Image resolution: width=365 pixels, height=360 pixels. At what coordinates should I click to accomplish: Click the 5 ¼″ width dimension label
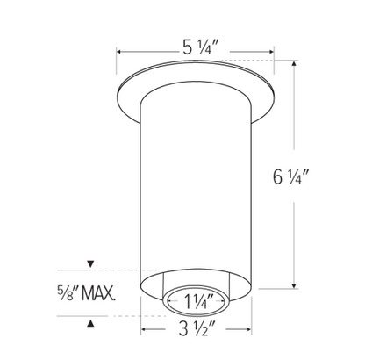click(x=201, y=47)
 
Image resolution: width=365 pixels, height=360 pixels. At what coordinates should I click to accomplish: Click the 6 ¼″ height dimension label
click(x=291, y=176)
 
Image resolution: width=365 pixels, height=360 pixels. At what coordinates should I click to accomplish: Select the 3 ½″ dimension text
click(x=197, y=329)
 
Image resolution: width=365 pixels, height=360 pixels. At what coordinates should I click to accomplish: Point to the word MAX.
click(x=98, y=293)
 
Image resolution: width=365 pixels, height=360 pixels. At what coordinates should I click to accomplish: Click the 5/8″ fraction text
click(x=68, y=293)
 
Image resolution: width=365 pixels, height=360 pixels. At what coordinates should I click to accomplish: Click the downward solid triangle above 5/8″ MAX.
click(x=91, y=263)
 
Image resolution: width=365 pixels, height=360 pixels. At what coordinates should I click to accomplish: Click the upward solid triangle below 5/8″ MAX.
click(x=91, y=323)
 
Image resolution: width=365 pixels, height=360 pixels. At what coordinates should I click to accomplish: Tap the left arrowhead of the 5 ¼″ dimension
click(x=119, y=52)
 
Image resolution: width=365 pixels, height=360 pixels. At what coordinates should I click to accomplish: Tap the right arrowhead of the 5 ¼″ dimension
click(x=271, y=52)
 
